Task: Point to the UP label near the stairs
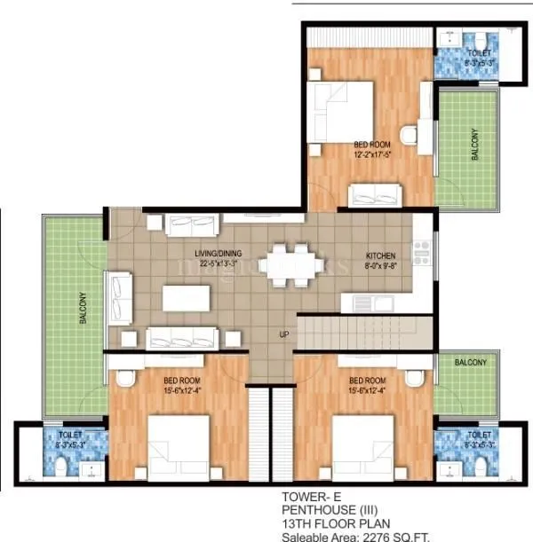(284, 335)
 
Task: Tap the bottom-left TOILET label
(70, 436)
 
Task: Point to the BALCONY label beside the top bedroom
(474, 144)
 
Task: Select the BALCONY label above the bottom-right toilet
(470, 363)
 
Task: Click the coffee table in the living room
(187, 297)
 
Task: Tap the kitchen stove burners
(422, 246)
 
